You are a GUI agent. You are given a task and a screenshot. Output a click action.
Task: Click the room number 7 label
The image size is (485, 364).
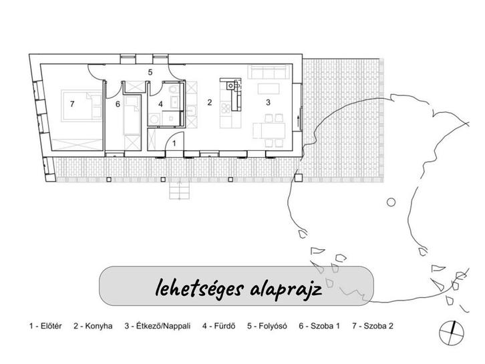click(71, 104)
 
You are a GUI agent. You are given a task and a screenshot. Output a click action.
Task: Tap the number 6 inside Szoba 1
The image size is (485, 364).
click(117, 104)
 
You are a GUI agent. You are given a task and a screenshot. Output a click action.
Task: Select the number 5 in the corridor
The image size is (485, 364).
click(150, 71)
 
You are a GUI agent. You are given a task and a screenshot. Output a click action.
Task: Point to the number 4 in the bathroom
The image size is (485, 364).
click(160, 104)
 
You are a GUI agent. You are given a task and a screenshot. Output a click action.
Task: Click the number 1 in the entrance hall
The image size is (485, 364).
click(174, 142)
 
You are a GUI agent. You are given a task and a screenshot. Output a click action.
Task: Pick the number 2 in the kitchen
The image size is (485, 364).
click(209, 102)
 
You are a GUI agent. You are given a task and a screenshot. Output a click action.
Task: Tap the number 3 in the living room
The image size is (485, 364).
click(268, 102)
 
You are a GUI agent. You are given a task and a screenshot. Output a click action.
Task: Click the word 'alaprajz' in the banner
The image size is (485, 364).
click(288, 289)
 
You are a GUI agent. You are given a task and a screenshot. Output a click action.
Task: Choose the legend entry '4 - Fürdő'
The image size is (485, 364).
click(224, 327)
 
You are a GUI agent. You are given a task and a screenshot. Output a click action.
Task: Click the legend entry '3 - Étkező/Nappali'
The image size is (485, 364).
click(158, 327)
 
